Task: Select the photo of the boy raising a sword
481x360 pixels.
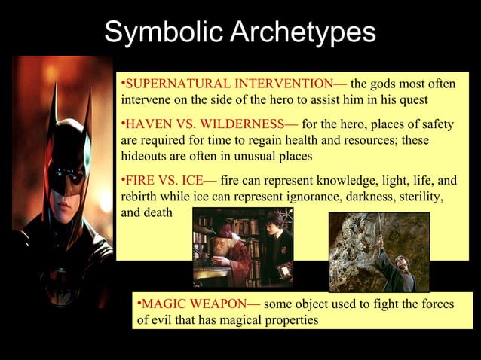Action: [379, 252]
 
